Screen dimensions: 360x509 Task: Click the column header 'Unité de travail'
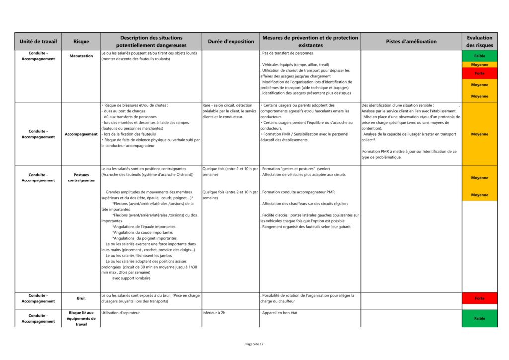[38, 41]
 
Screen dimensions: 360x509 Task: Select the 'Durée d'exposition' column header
[230, 41]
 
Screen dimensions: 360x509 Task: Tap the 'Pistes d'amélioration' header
[411, 41]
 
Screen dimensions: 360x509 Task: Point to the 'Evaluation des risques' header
[479, 41]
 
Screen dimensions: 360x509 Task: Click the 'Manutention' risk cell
[81, 56]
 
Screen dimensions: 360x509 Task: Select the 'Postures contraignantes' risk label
[81, 178]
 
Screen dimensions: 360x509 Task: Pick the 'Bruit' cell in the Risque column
[81, 298]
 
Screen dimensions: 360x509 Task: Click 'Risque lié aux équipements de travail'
[81, 318]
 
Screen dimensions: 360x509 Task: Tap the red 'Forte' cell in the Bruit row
[479, 298]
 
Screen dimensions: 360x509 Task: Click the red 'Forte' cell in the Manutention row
[479, 73]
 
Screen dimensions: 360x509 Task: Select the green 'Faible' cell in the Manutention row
[479, 56]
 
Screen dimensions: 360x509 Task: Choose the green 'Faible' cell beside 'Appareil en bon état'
[479, 318]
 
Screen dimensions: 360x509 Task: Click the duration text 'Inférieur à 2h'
[214, 313]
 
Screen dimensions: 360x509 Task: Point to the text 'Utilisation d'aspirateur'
[121, 313]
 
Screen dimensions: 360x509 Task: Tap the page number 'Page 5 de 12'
[254, 344]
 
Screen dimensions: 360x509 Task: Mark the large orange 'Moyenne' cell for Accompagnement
[479, 134]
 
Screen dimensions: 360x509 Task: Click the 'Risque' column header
[81, 41]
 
